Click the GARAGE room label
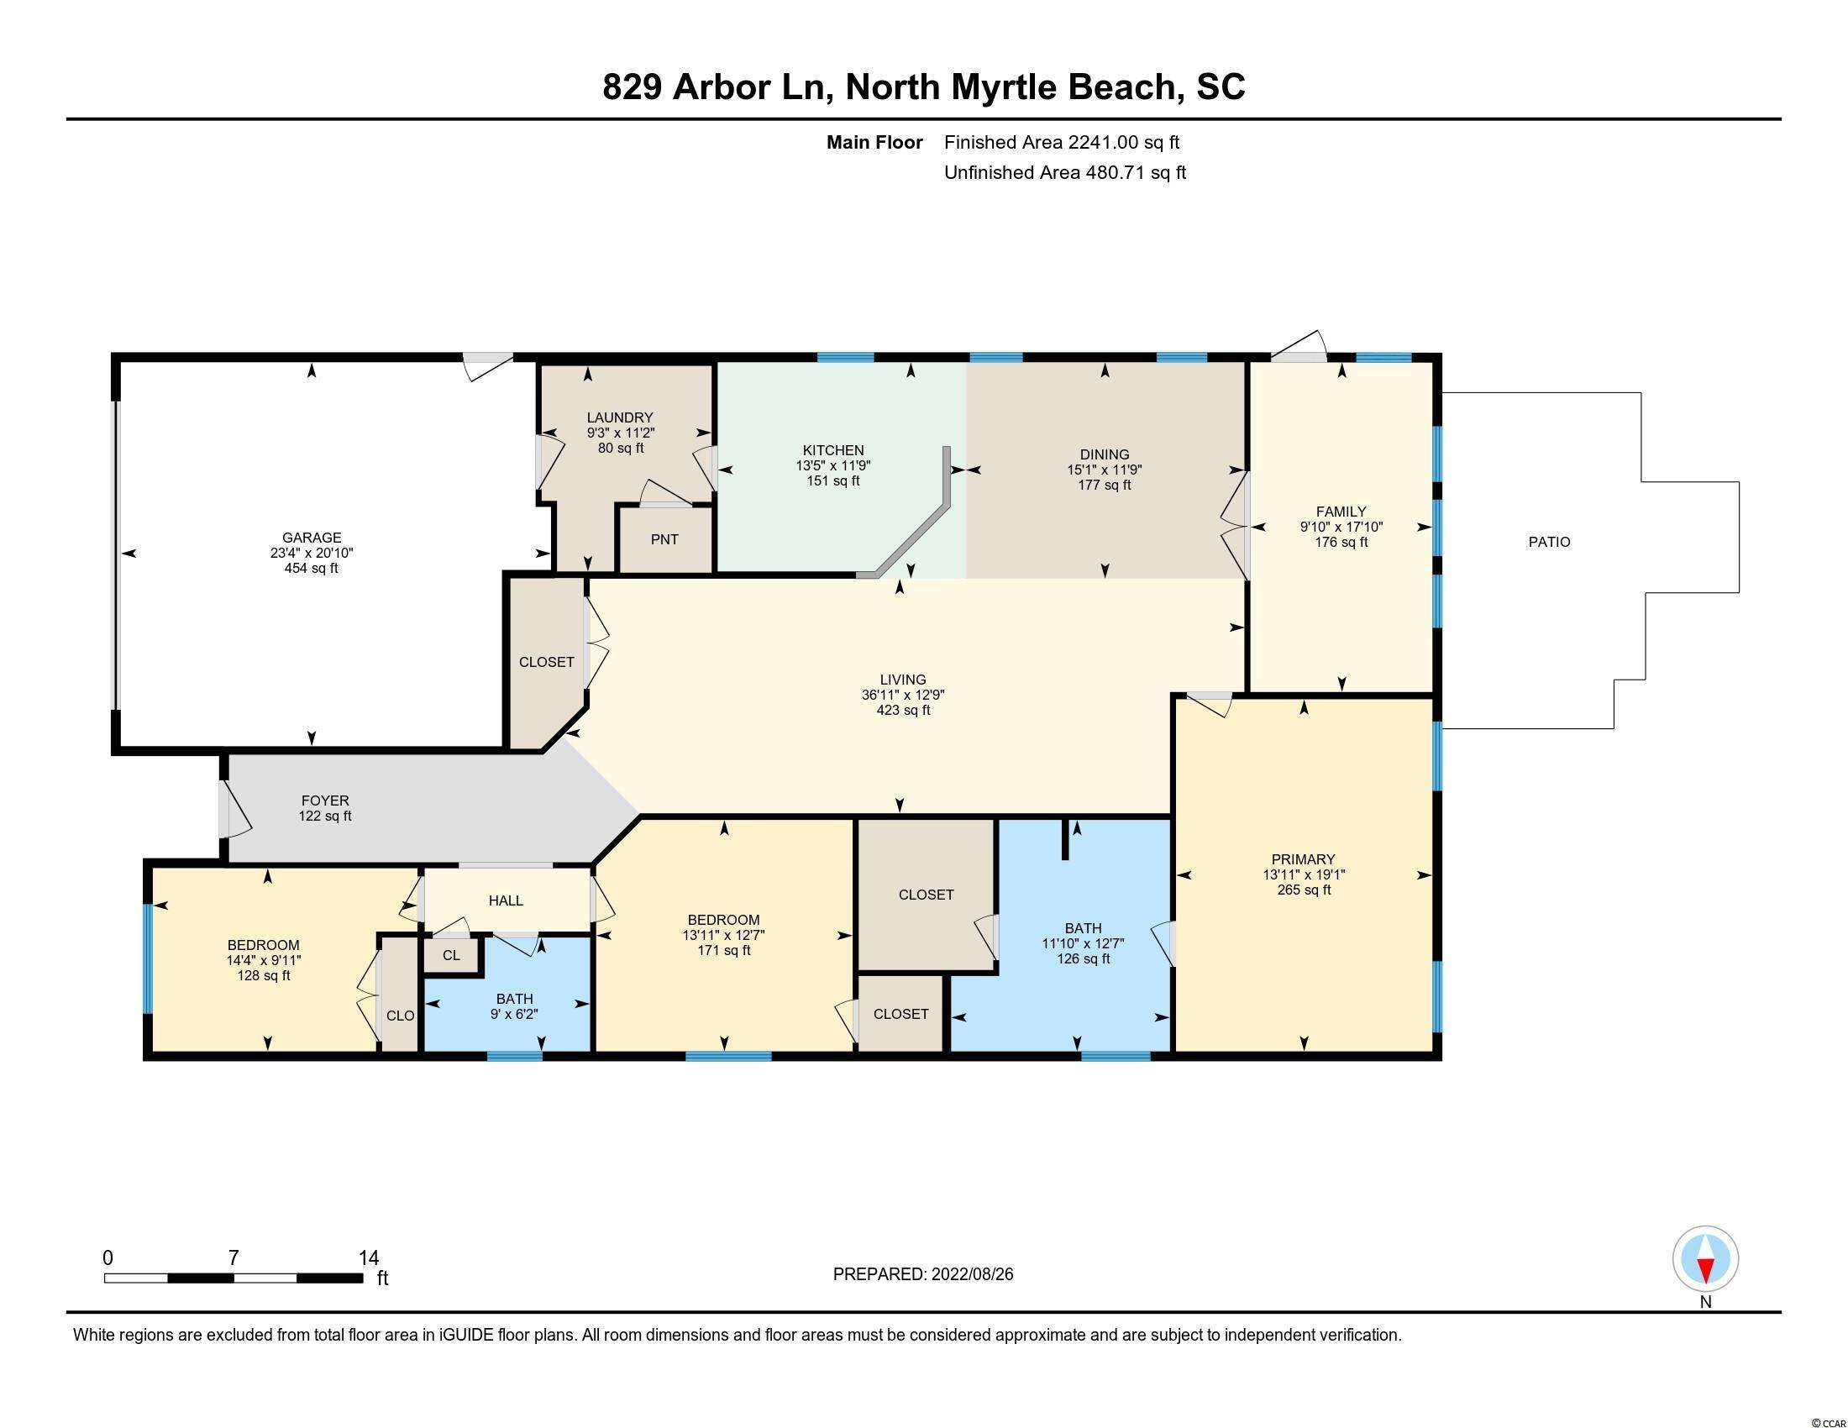(x=312, y=538)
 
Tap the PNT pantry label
(x=665, y=539)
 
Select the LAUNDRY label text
(x=620, y=417)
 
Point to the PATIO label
(x=1549, y=543)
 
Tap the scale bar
(x=234, y=1278)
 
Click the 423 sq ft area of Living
(x=903, y=710)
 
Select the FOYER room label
(x=325, y=801)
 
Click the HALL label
(x=506, y=900)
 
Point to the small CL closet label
(x=452, y=955)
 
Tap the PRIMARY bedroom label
(x=1303, y=859)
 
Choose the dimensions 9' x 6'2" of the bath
(x=514, y=1015)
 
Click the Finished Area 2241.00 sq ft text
(x=1062, y=142)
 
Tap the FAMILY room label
(x=1341, y=511)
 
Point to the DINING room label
(x=1105, y=454)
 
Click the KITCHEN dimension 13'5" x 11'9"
(x=833, y=465)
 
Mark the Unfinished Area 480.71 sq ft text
(x=1065, y=172)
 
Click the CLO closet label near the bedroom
(x=400, y=1016)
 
